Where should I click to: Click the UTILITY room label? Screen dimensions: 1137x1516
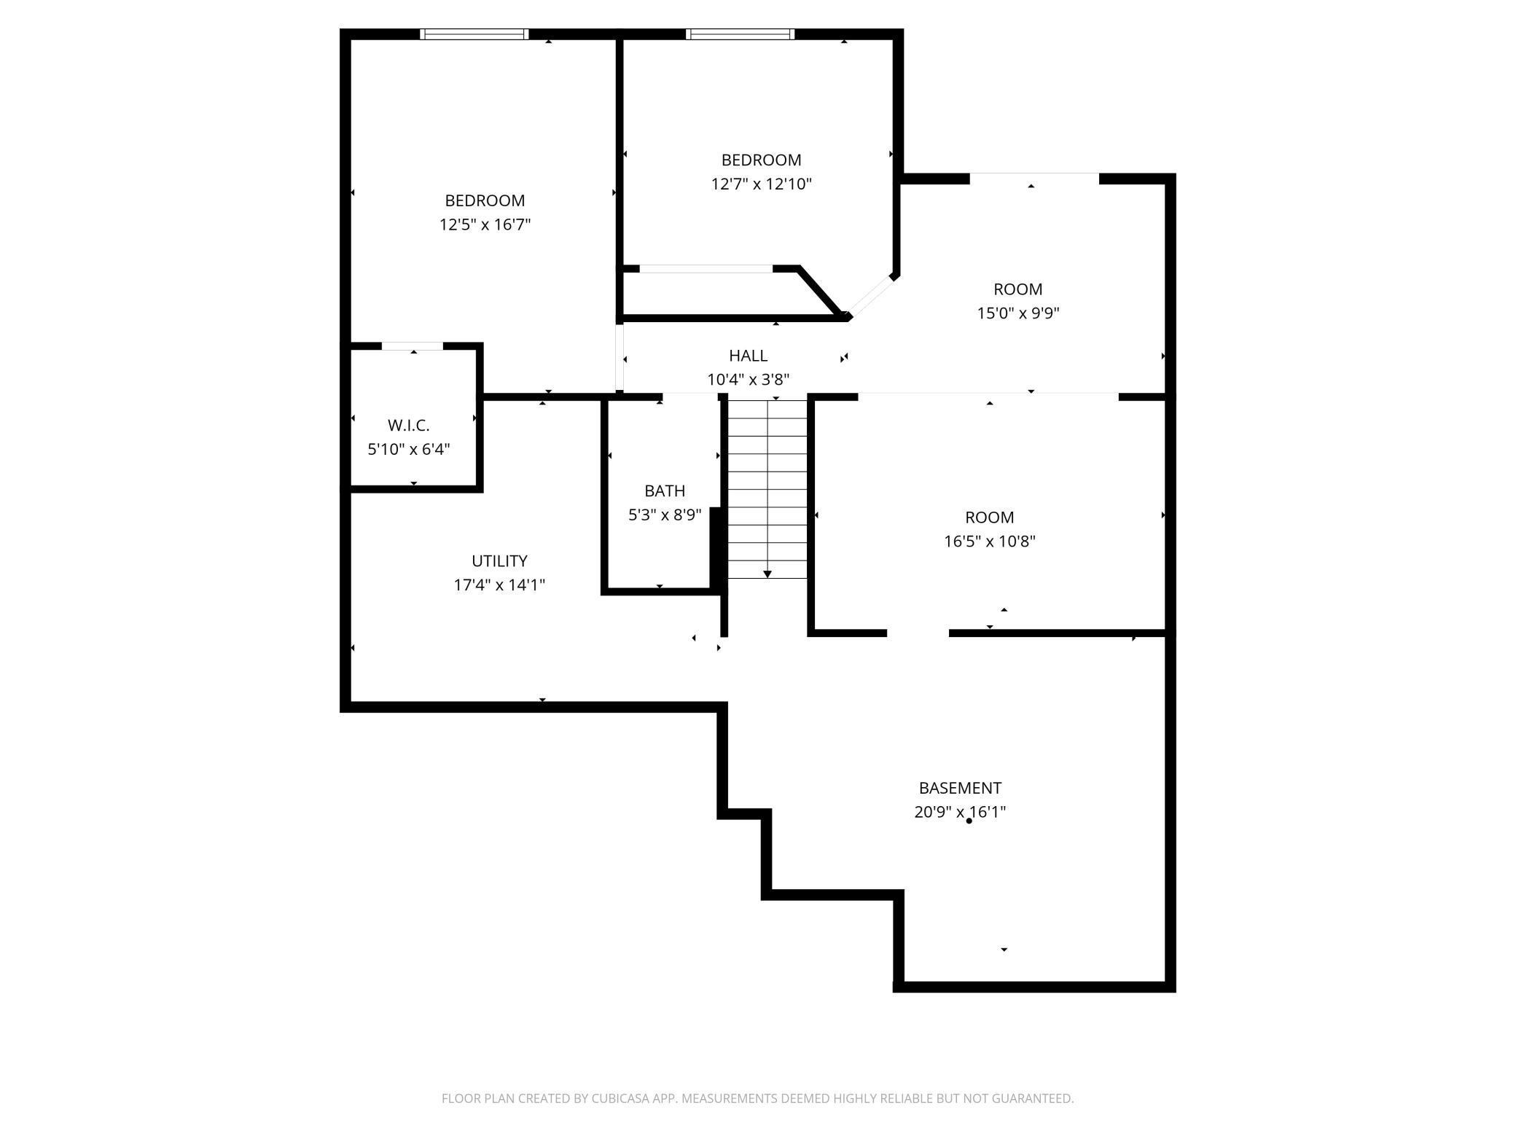(499, 560)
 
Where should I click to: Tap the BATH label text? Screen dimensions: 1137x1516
(665, 491)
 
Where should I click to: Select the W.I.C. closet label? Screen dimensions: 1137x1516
(408, 425)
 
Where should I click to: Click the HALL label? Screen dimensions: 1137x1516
(748, 356)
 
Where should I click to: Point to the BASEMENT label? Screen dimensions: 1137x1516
(960, 788)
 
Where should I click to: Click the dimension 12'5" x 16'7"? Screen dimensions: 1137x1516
(485, 224)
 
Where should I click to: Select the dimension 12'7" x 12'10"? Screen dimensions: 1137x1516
(761, 184)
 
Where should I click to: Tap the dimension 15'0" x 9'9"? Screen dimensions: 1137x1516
(1017, 313)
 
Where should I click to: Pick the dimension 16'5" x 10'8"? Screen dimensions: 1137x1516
(989, 542)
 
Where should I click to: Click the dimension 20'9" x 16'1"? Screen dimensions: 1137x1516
(960, 812)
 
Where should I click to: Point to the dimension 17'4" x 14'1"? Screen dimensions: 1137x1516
(499, 585)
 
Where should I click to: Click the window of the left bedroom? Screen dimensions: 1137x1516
(474, 34)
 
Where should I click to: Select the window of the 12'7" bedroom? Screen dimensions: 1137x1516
(740, 34)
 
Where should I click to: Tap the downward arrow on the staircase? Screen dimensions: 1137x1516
(767, 574)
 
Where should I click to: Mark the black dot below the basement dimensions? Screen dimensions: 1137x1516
(969, 821)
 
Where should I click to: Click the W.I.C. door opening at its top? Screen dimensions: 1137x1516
(413, 346)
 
